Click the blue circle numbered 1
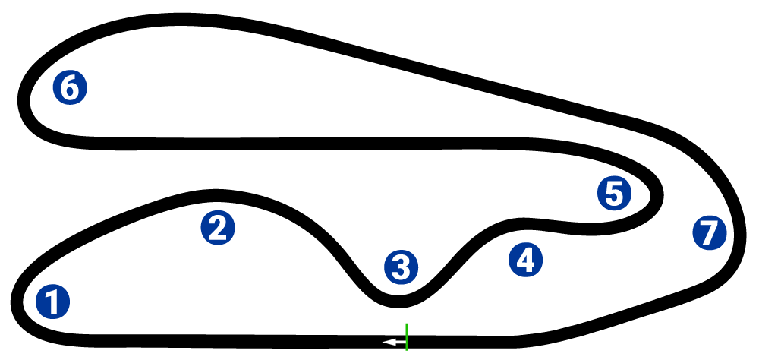[x=52, y=302]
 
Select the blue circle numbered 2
[x=218, y=228]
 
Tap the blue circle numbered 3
[x=401, y=267]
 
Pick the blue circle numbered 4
[x=525, y=261]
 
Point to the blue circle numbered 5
[x=614, y=194]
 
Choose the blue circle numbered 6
[x=70, y=87]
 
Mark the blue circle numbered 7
[x=709, y=233]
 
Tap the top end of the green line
[x=407, y=324]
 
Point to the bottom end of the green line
[x=407, y=350]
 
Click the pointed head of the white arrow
[x=385, y=343]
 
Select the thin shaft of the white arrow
[x=398, y=343]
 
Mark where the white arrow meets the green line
[x=406, y=343]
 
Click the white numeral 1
[x=52, y=302]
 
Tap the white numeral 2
[x=218, y=228]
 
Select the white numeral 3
[x=401, y=267]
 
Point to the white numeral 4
[x=525, y=261]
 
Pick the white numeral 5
[x=614, y=194]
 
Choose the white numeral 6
[x=70, y=87]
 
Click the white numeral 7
[x=709, y=233]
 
